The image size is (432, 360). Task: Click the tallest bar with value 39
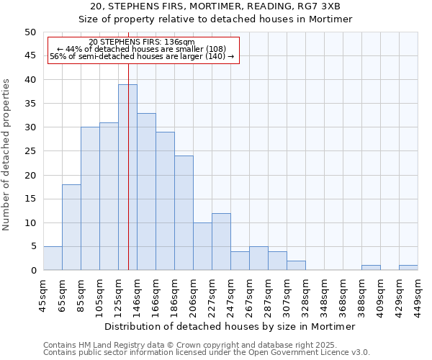127,177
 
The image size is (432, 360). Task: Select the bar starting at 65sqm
71,227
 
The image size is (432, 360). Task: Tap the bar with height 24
184,212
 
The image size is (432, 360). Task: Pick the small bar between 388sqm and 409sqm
371,268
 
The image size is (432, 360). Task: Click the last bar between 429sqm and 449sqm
408,268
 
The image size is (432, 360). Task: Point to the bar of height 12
221,241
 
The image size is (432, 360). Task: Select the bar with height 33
146,192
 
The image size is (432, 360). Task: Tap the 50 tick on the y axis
30,32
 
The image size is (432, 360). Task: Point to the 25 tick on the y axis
30,151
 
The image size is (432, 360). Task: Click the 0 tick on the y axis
32,271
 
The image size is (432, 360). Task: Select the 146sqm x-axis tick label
138,291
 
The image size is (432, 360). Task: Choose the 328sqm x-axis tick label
306,291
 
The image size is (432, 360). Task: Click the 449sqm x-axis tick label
418,291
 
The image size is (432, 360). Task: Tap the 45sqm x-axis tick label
44,291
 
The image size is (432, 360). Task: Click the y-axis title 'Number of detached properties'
7,155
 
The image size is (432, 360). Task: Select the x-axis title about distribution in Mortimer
230,326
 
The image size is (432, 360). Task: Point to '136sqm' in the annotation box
180,42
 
